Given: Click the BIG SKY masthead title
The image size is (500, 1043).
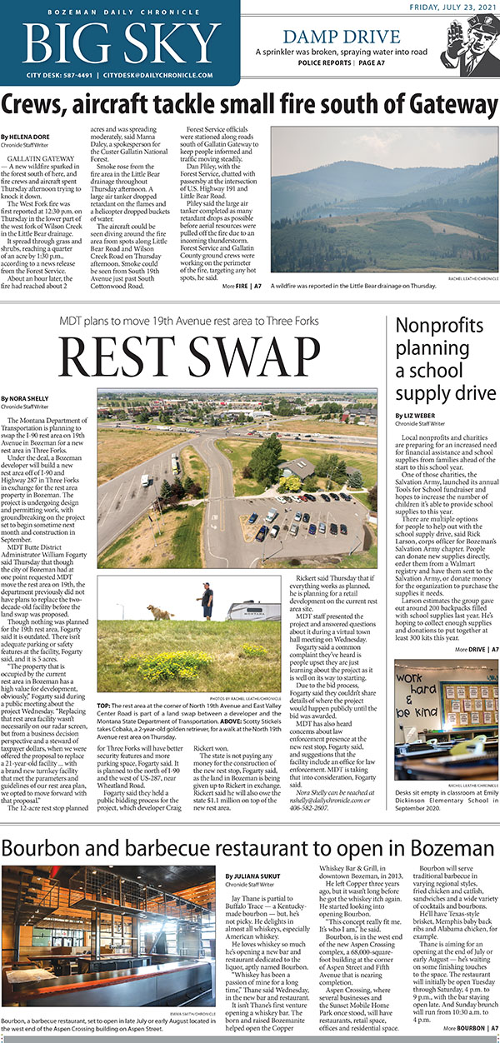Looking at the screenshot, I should click(120, 40).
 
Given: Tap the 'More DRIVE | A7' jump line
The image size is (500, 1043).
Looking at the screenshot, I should click(470, 649).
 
